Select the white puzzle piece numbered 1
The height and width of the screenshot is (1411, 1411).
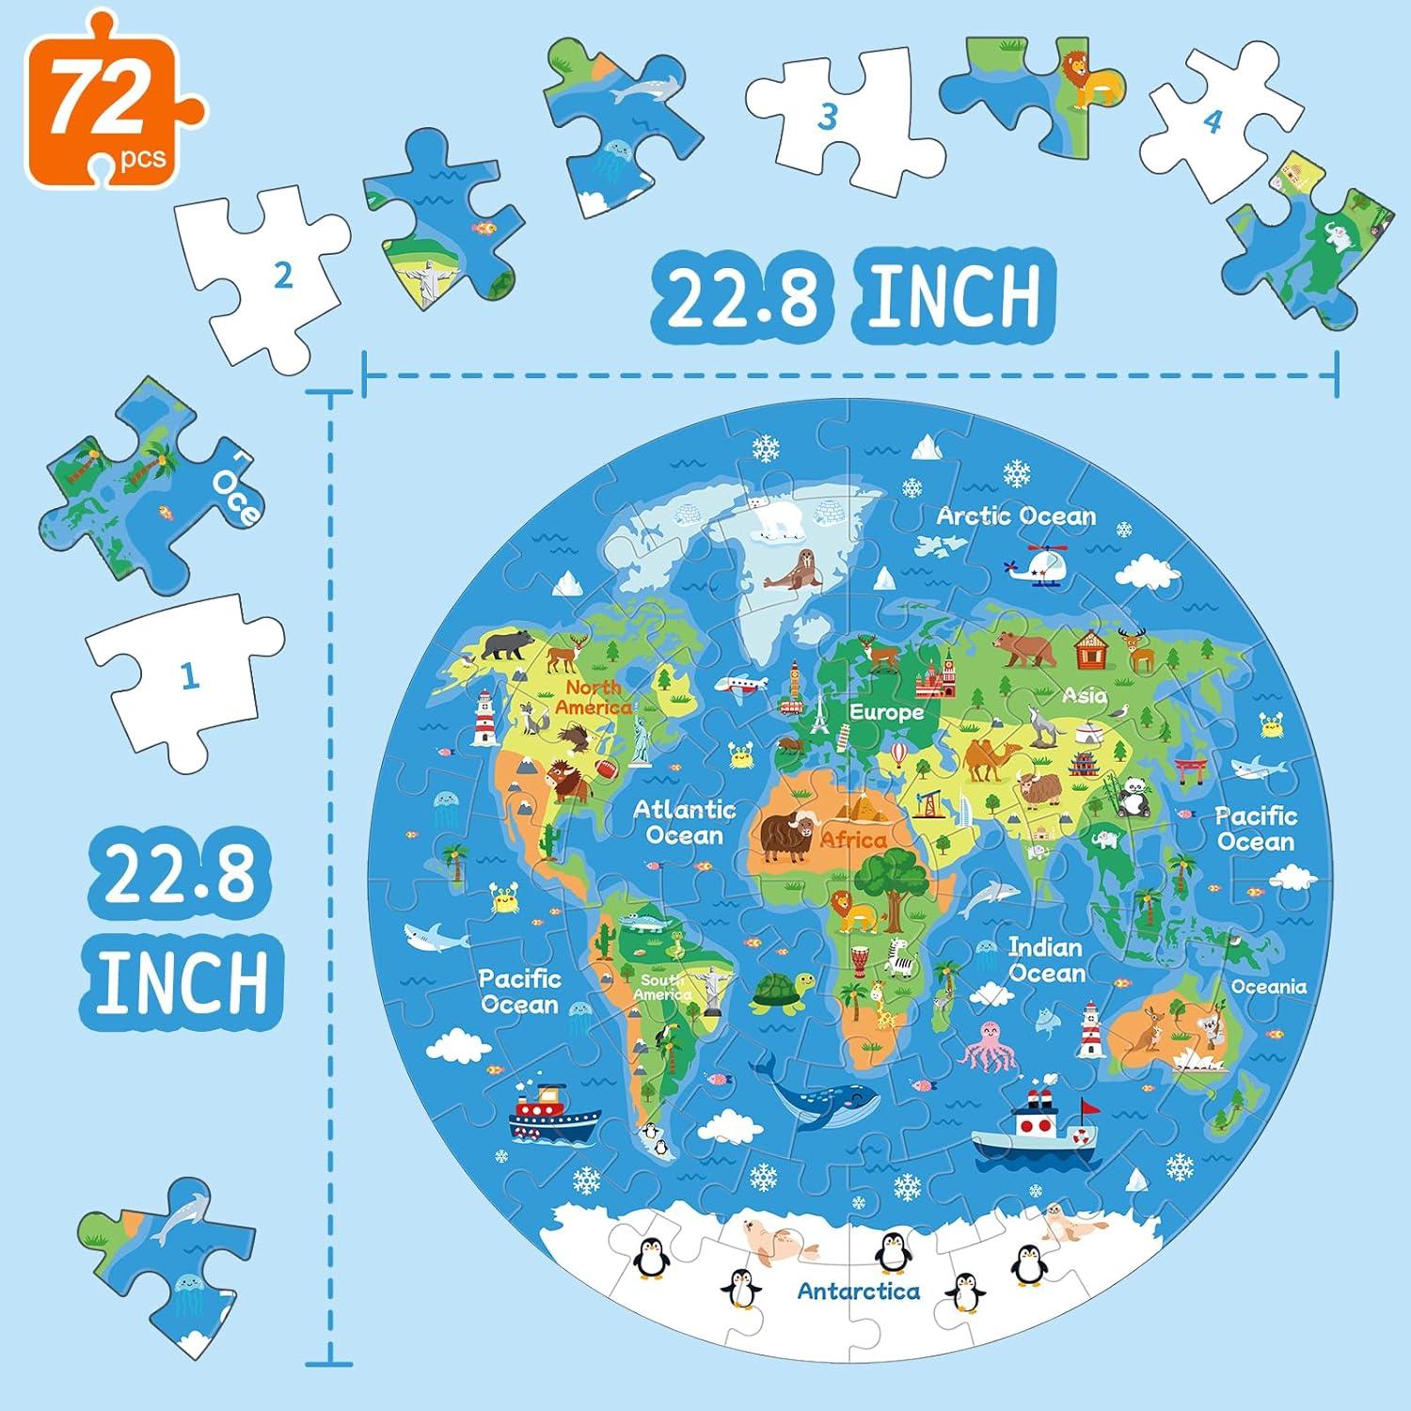point(188,675)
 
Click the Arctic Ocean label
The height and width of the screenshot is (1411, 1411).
point(1016,516)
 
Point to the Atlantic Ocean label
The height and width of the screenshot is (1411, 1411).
point(685,822)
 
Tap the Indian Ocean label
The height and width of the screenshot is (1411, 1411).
point(1046,959)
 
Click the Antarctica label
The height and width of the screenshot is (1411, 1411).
point(858,1291)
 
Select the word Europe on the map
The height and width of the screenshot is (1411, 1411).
point(886,712)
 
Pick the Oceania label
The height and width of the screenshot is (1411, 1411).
point(1269,987)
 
